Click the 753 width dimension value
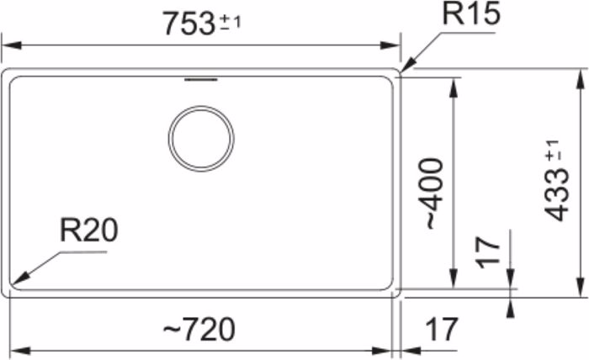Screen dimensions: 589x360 [189, 24]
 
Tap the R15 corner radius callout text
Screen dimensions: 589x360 [471, 14]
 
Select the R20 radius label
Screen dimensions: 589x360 [89, 230]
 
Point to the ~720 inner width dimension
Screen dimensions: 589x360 [199, 329]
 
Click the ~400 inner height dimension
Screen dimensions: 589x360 [435, 193]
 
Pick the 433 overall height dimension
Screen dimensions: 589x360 [557, 196]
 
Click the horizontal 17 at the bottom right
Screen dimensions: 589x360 [442, 329]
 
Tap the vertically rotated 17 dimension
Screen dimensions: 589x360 [488, 253]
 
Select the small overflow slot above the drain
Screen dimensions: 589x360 [201, 80]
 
